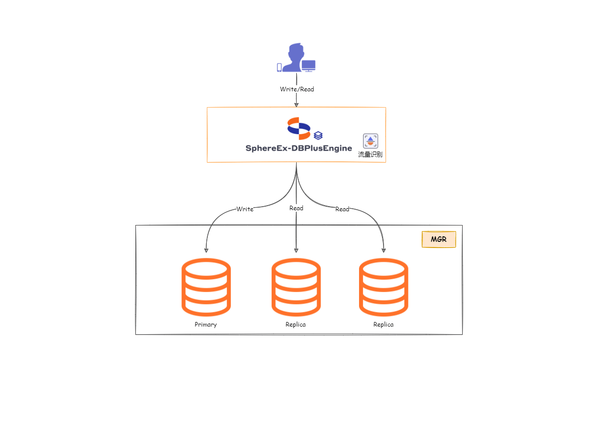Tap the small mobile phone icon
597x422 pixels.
pyautogui.click(x=279, y=67)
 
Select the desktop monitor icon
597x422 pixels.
pyautogui.click(x=308, y=66)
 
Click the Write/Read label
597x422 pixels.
pyautogui.click(x=297, y=89)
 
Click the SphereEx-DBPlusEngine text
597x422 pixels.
pyautogui.click(x=299, y=148)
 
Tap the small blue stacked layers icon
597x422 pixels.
pyautogui.click(x=318, y=136)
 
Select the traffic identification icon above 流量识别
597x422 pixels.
pyautogui.click(x=370, y=141)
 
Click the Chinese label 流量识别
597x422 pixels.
pyautogui.click(x=370, y=154)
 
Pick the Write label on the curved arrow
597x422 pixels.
pyautogui.click(x=245, y=209)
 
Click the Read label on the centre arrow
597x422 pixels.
pyautogui.click(x=296, y=208)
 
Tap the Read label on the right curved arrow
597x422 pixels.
pyautogui.click(x=342, y=209)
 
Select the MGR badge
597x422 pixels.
pyautogui.click(x=439, y=239)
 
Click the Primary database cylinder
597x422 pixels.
pyautogui.click(x=206, y=287)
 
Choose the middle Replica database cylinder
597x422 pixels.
pyautogui.click(x=296, y=287)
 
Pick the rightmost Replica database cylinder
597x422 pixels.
pyautogui.click(x=384, y=287)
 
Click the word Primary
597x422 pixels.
pyautogui.click(x=206, y=325)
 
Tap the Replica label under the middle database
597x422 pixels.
pyautogui.click(x=296, y=325)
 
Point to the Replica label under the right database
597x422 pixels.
pyautogui.click(x=384, y=325)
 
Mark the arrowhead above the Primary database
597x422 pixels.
pyautogui.click(x=206, y=250)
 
